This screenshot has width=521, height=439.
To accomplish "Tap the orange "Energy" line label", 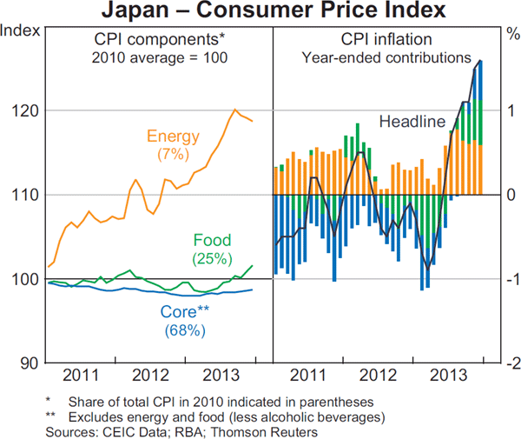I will pyautogui.click(x=173, y=136).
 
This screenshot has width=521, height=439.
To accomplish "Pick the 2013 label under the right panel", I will pyautogui.click(x=445, y=376).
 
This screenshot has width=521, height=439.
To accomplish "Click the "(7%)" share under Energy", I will pyautogui.click(x=173, y=153).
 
